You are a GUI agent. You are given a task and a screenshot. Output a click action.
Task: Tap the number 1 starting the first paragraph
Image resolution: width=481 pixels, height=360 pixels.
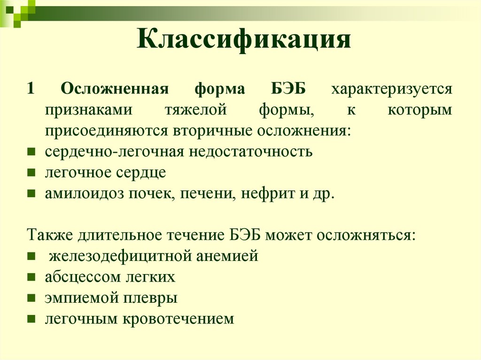pyautogui.click(x=31, y=89)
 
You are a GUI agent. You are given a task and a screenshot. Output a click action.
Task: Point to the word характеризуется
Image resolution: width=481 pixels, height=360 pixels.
pyautogui.click(x=392, y=89)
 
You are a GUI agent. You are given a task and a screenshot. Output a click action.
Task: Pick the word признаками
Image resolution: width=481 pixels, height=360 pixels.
pyautogui.click(x=89, y=110)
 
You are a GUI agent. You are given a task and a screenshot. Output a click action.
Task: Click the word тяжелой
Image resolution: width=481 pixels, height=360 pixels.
pyautogui.click(x=195, y=110)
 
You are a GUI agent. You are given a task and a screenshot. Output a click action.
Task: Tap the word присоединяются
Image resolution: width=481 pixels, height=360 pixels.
pyautogui.click(x=106, y=130)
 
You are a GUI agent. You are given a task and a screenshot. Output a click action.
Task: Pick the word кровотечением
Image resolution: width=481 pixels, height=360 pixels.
pyautogui.click(x=178, y=319)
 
